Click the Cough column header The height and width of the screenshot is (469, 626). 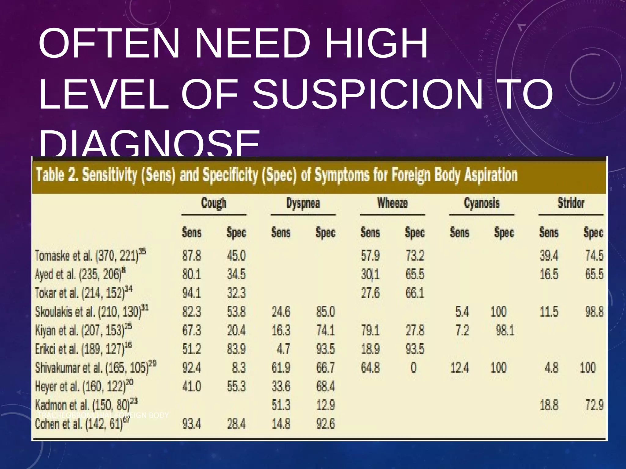pos(214,203)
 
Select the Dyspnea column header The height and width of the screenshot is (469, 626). pos(303,203)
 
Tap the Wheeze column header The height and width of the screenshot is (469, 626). pos(392,203)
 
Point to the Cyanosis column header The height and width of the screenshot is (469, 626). pos(482,203)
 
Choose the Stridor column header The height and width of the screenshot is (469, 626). pos(571,203)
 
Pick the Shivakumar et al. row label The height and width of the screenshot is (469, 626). pos(95,368)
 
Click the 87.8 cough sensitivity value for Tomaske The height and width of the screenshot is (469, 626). pos(192,256)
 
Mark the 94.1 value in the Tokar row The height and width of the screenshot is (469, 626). pos(192,293)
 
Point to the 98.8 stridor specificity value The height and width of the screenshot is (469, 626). pos(594,312)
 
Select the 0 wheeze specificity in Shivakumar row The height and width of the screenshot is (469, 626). pos(413,368)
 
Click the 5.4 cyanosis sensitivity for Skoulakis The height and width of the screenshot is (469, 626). pos(462,312)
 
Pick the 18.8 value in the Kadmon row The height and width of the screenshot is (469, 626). pos(549,405)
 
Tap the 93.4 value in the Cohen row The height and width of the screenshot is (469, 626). pos(192,424)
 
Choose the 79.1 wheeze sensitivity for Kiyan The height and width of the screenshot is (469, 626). pos(370,331)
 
